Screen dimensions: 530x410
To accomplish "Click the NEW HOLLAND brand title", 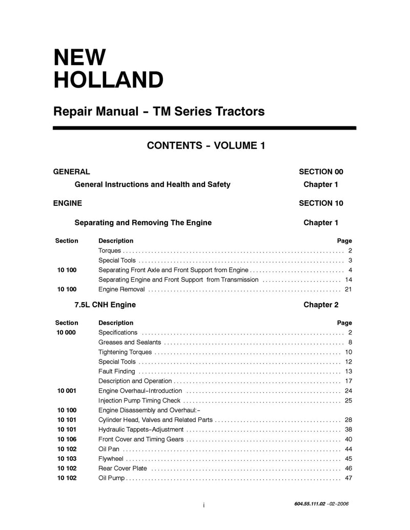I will tap(108, 69).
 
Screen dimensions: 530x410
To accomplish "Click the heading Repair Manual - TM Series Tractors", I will tap(159, 111).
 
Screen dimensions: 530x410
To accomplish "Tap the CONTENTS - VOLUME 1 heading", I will tap(206, 145).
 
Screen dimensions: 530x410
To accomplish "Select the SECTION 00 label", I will tap(321, 172).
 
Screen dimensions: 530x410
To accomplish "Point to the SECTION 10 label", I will tap(321, 203).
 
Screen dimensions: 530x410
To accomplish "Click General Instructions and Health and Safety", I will tap(152, 184).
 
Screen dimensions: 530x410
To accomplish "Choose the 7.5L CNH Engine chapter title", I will tap(105, 305).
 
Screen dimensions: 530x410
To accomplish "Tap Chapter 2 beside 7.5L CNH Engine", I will tap(321, 305).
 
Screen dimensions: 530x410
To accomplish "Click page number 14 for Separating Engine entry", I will tap(348, 280).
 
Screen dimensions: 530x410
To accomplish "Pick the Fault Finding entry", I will tap(116, 371).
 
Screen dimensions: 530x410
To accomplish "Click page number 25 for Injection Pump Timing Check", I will tap(348, 400).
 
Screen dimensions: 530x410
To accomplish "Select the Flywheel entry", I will tap(111, 459).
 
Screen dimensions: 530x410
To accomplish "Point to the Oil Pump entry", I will tap(111, 478).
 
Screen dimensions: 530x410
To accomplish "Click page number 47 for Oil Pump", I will tap(348, 478).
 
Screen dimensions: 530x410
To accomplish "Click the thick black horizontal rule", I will tap(205, 128).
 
